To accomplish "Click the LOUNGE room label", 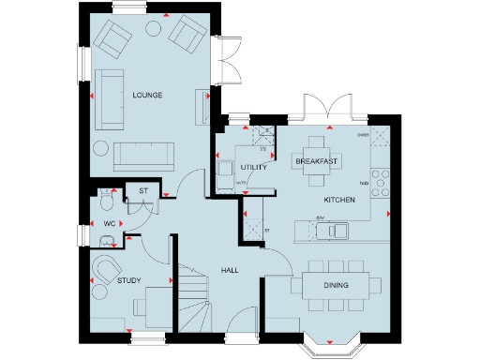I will (x=148, y=96).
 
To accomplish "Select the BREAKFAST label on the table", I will (x=316, y=162).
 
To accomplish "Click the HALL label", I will (x=230, y=270).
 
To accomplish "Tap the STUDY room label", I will (x=129, y=280).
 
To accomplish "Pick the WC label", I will (x=110, y=224).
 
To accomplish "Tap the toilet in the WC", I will (x=106, y=202).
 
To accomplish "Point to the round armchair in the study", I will (x=104, y=270).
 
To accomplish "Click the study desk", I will (x=150, y=305).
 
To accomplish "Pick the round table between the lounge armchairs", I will (x=153, y=29).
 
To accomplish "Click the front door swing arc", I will (x=239, y=322).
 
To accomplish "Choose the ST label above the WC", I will (x=143, y=191).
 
